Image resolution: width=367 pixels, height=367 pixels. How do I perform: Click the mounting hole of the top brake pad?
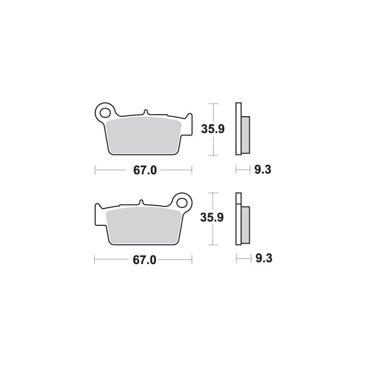coord(105,113)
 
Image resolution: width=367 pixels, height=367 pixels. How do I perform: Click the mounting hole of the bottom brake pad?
coord(182,203)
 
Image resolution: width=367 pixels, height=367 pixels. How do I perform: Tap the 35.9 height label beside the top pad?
coord(213,129)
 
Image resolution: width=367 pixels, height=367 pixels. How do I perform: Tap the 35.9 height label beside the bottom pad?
coord(212,218)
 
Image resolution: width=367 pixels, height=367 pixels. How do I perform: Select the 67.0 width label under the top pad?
coord(145,170)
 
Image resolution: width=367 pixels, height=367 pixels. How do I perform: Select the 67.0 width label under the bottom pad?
coord(144,260)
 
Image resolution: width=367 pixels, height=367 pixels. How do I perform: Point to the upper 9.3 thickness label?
coord(263,169)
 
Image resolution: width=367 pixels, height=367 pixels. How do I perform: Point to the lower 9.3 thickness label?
coord(264,258)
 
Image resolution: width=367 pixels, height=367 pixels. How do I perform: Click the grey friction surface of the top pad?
coord(143,136)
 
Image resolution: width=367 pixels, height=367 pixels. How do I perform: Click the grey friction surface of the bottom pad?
coord(143,225)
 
